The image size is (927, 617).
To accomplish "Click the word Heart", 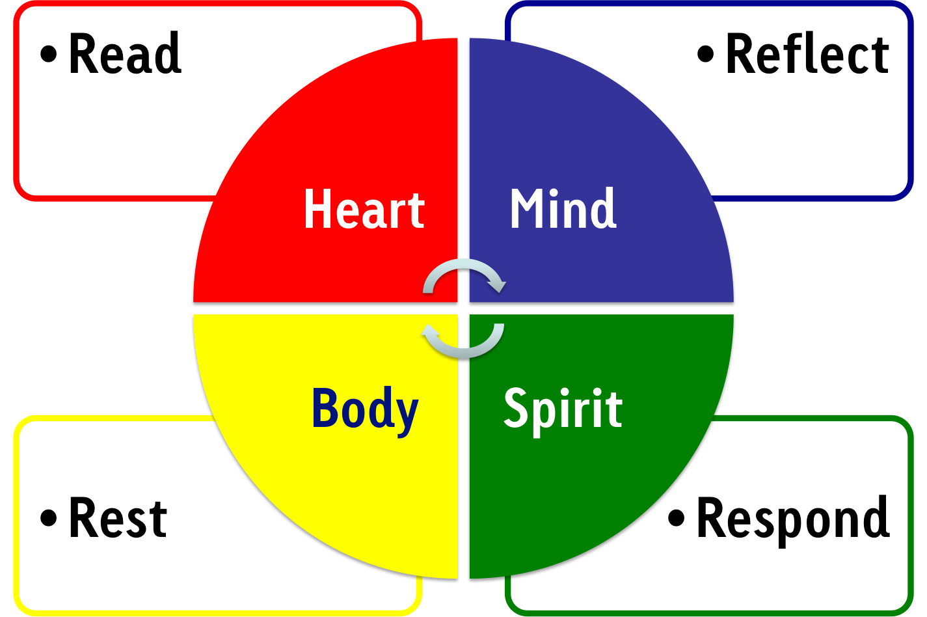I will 364,210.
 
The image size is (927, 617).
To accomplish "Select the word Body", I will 365,409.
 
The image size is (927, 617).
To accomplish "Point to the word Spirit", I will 563,409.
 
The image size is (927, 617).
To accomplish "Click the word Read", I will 124,54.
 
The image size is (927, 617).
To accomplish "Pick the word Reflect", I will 807,54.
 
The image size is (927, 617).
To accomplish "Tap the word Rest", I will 118,518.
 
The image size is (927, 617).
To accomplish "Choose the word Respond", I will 793,518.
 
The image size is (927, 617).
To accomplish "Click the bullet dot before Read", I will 49,53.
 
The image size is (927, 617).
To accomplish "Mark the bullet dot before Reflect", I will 706,53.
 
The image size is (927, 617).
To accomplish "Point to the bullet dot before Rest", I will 49,518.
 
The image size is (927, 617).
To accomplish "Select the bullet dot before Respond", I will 677,518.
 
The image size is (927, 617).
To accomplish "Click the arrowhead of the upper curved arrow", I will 498,284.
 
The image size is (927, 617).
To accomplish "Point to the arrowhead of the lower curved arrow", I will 430,332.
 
